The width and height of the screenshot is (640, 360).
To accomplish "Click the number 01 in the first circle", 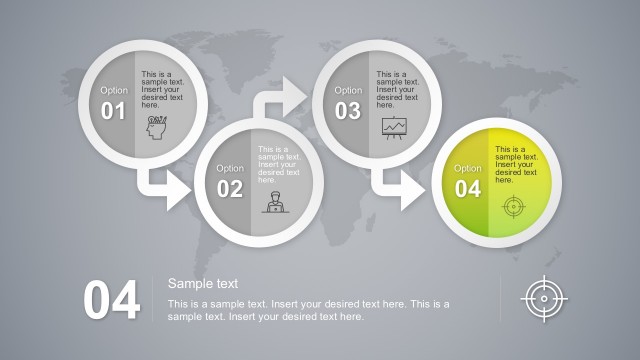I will pyautogui.click(x=114, y=111).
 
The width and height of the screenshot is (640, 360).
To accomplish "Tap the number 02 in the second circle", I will pyautogui.click(x=230, y=189).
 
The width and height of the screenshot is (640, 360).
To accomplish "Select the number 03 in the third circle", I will pyautogui.click(x=347, y=111).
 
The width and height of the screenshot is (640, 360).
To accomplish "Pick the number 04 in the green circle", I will pyautogui.click(x=468, y=189).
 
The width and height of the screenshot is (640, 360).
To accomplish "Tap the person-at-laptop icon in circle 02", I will pyautogui.click(x=272, y=201).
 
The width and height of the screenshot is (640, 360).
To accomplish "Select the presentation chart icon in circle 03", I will pyautogui.click(x=394, y=127).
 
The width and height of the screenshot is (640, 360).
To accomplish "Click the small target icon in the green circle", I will pyautogui.click(x=512, y=206).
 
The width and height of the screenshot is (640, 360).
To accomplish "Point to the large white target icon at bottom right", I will pyautogui.click(x=545, y=299).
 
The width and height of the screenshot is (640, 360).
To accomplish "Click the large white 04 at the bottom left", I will pyautogui.click(x=111, y=301).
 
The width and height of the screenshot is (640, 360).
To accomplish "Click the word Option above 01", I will pyautogui.click(x=114, y=90).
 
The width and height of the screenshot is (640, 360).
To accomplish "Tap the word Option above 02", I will pyautogui.click(x=230, y=168).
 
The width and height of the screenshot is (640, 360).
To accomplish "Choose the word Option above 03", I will pyautogui.click(x=348, y=90).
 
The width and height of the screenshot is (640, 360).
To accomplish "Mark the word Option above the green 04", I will pyautogui.click(x=468, y=168).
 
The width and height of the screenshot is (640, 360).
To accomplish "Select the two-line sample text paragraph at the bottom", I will pyautogui.click(x=308, y=310).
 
